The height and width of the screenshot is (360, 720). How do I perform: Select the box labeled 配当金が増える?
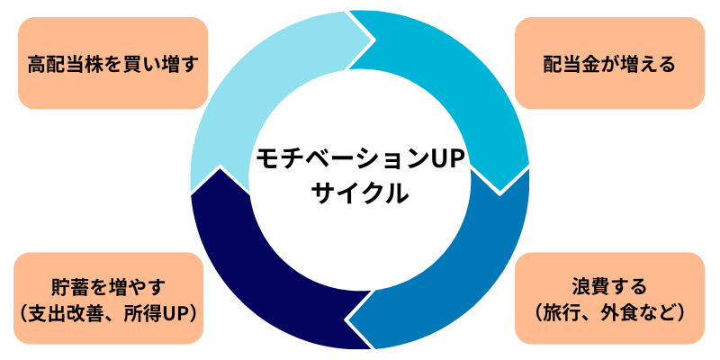point(609,64)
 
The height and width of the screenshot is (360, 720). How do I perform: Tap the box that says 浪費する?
point(609,298)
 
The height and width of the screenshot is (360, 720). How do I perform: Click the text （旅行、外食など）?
point(609,312)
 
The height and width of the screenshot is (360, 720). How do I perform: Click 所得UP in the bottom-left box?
point(159,312)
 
